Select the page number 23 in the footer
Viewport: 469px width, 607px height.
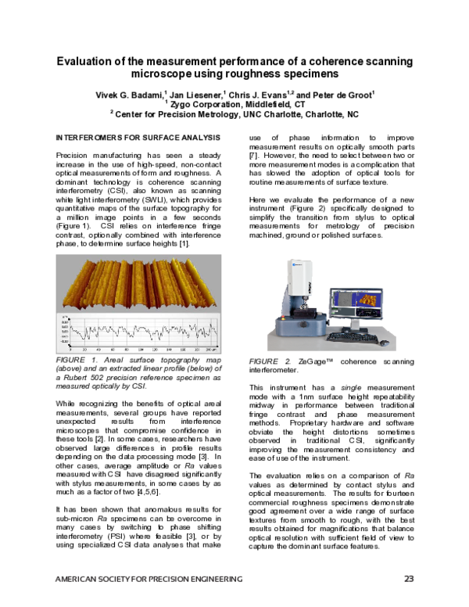tap(408, 579)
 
